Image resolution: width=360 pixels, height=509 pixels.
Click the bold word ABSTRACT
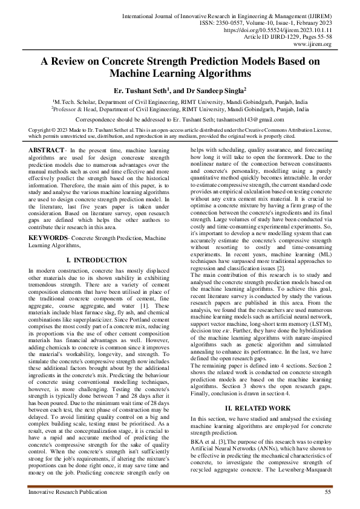pos(47,149)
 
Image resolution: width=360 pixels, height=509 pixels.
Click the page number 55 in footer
pos(327,493)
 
